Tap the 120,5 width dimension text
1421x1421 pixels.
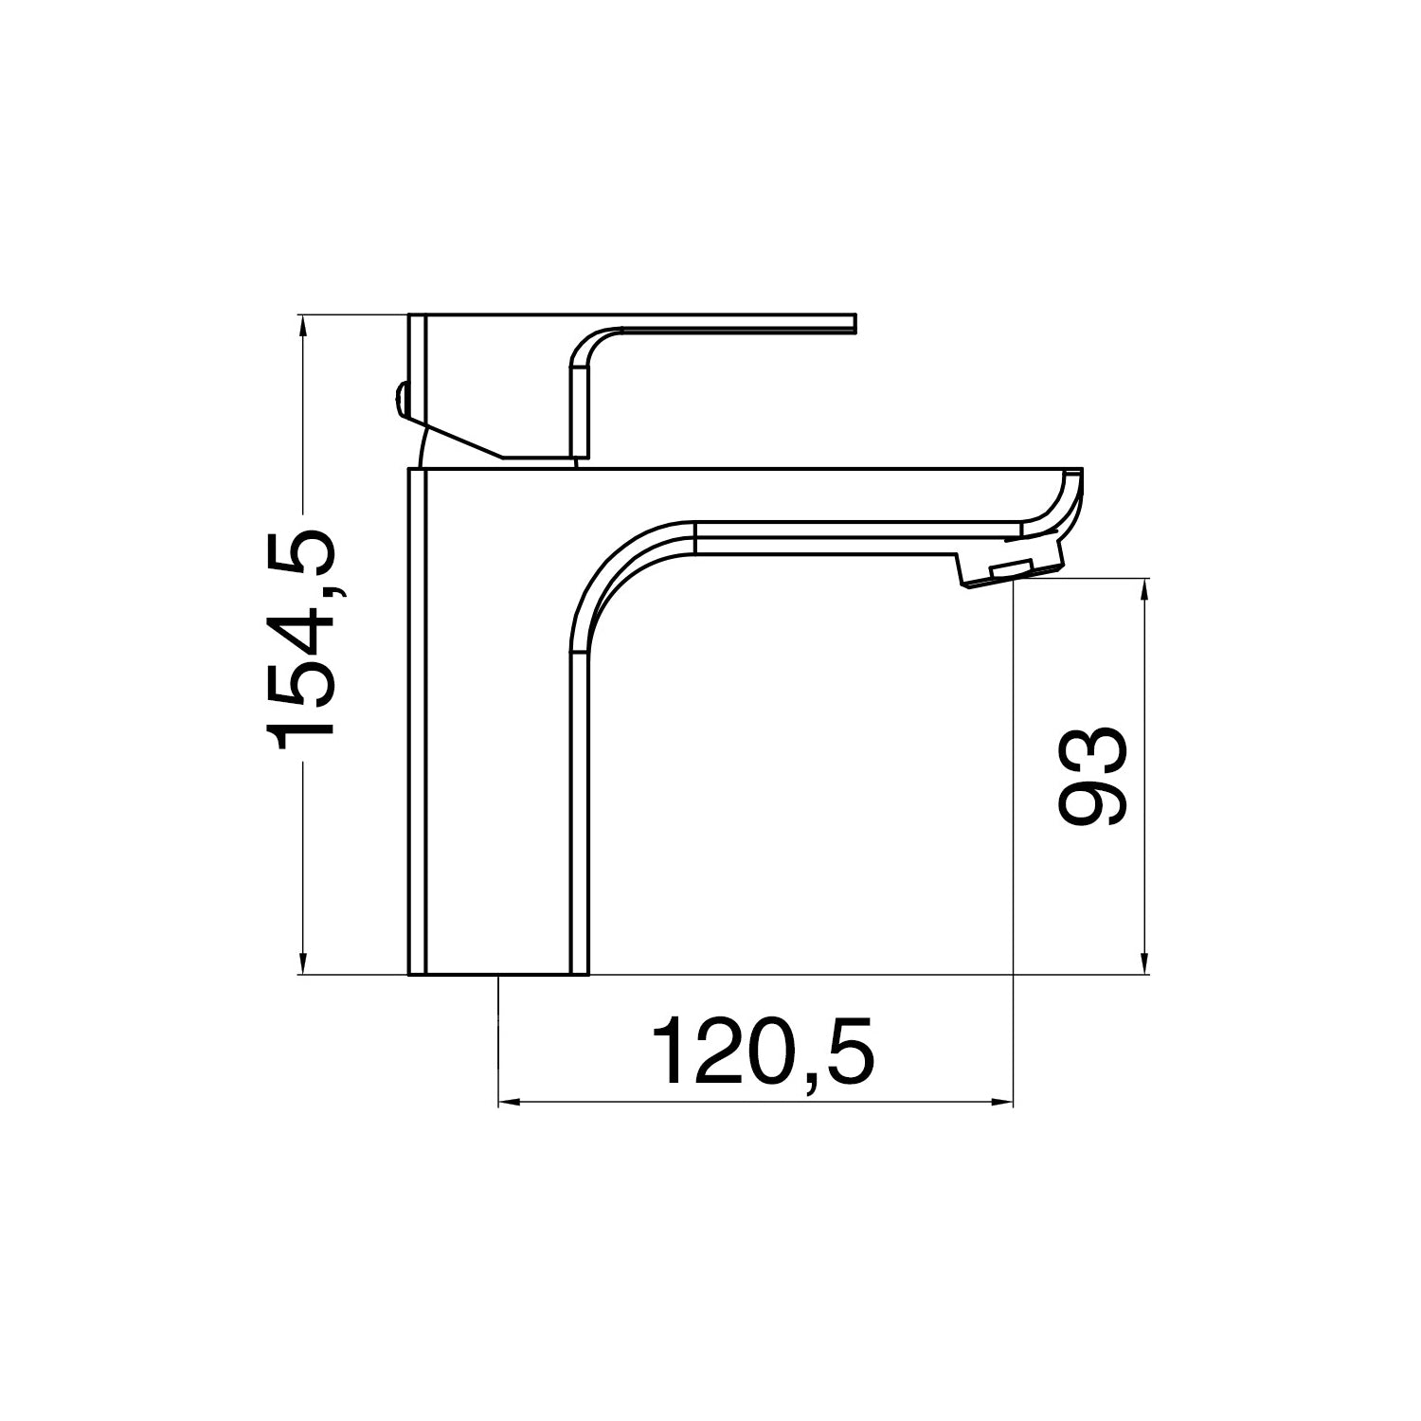click(763, 1051)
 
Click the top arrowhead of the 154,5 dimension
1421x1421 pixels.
click(303, 324)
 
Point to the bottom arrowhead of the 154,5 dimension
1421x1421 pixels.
click(303, 963)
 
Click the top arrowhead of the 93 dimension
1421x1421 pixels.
click(1145, 589)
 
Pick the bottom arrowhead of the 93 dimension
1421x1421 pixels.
click(1145, 963)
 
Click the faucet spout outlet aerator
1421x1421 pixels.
click(1010, 571)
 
